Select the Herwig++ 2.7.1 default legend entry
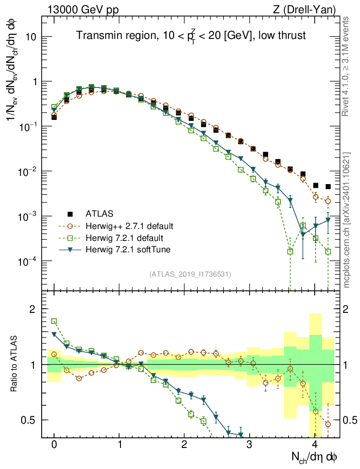(129, 226)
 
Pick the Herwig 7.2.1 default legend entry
(125, 239)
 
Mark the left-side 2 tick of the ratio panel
(33, 309)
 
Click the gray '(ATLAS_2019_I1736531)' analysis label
(190, 275)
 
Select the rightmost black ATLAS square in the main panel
(328, 186)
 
